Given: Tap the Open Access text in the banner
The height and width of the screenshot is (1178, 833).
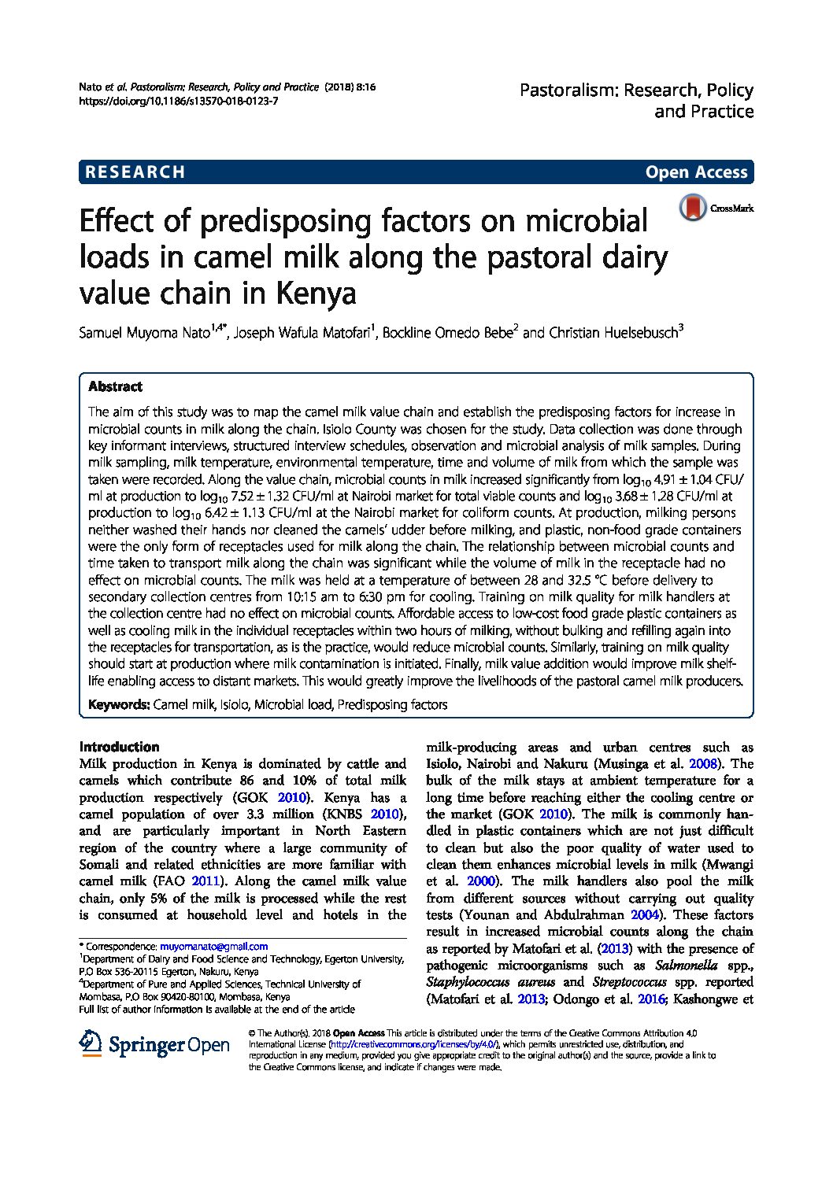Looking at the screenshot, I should pyautogui.click(x=696, y=172).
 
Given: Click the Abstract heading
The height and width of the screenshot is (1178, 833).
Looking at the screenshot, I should pyautogui.click(x=115, y=386).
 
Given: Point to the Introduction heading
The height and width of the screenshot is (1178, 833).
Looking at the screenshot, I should pyautogui.click(x=119, y=747).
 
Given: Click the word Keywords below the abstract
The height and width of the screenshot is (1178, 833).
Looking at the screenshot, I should pyautogui.click(x=118, y=704).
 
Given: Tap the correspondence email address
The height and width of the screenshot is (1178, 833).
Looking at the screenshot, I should pyautogui.click(x=213, y=947).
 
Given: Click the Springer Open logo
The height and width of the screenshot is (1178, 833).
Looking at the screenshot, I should pyautogui.click(x=154, y=1044).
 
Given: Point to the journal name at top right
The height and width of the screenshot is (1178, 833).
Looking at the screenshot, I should pyautogui.click(x=636, y=101).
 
